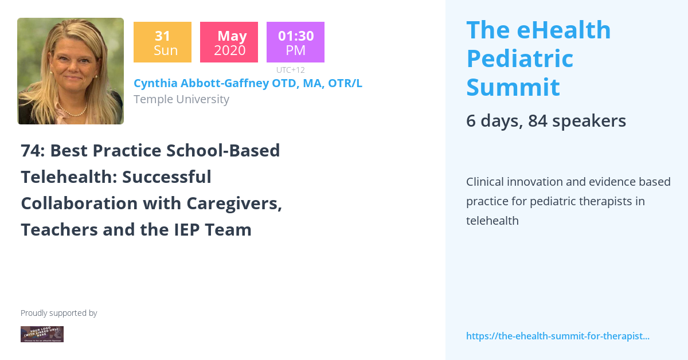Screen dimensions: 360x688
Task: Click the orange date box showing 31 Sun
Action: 162,42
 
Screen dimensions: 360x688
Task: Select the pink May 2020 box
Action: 229,42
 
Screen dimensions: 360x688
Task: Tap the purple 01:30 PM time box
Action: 295,42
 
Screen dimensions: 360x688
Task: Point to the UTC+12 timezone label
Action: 290,70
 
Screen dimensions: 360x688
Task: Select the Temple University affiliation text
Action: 181,99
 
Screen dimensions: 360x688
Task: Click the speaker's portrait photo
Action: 71,71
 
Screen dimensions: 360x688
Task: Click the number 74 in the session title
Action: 32,151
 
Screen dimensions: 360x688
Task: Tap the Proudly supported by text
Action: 58,313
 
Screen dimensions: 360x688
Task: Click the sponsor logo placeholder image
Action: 42,334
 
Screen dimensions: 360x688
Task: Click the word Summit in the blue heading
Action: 513,87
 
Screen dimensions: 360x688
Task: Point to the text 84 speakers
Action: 577,121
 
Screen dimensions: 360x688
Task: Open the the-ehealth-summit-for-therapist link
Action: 557,336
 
